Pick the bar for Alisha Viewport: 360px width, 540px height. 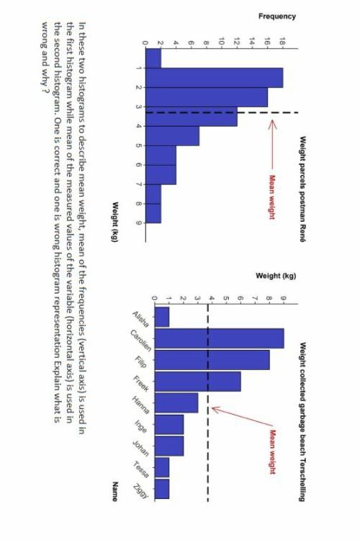coord(162,317)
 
